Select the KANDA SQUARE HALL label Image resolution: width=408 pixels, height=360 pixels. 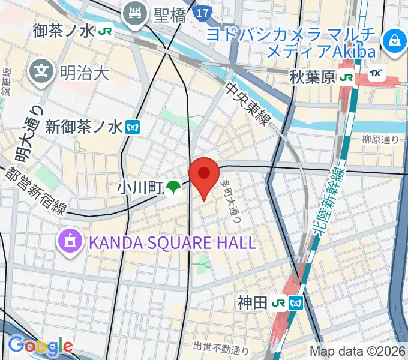(173, 243)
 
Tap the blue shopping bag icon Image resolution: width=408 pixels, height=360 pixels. (395, 41)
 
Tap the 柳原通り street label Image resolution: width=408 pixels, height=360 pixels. (380, 139)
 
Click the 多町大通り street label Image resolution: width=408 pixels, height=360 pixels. (232, 196)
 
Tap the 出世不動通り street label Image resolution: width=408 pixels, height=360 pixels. (221, 347)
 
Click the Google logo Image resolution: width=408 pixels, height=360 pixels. (40, 346)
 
